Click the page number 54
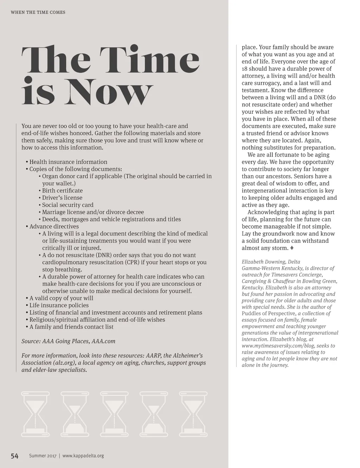pos(14,456)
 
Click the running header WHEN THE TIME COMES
pos(38,12)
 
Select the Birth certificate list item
pos(62,191)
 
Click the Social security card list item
pos(67,205)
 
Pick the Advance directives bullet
pos(54,227)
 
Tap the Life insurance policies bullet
pos(59,305)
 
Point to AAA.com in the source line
pos(103,341)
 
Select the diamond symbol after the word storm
pos(292,248)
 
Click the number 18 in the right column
pos(245,69)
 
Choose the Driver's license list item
pos(62,198)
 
